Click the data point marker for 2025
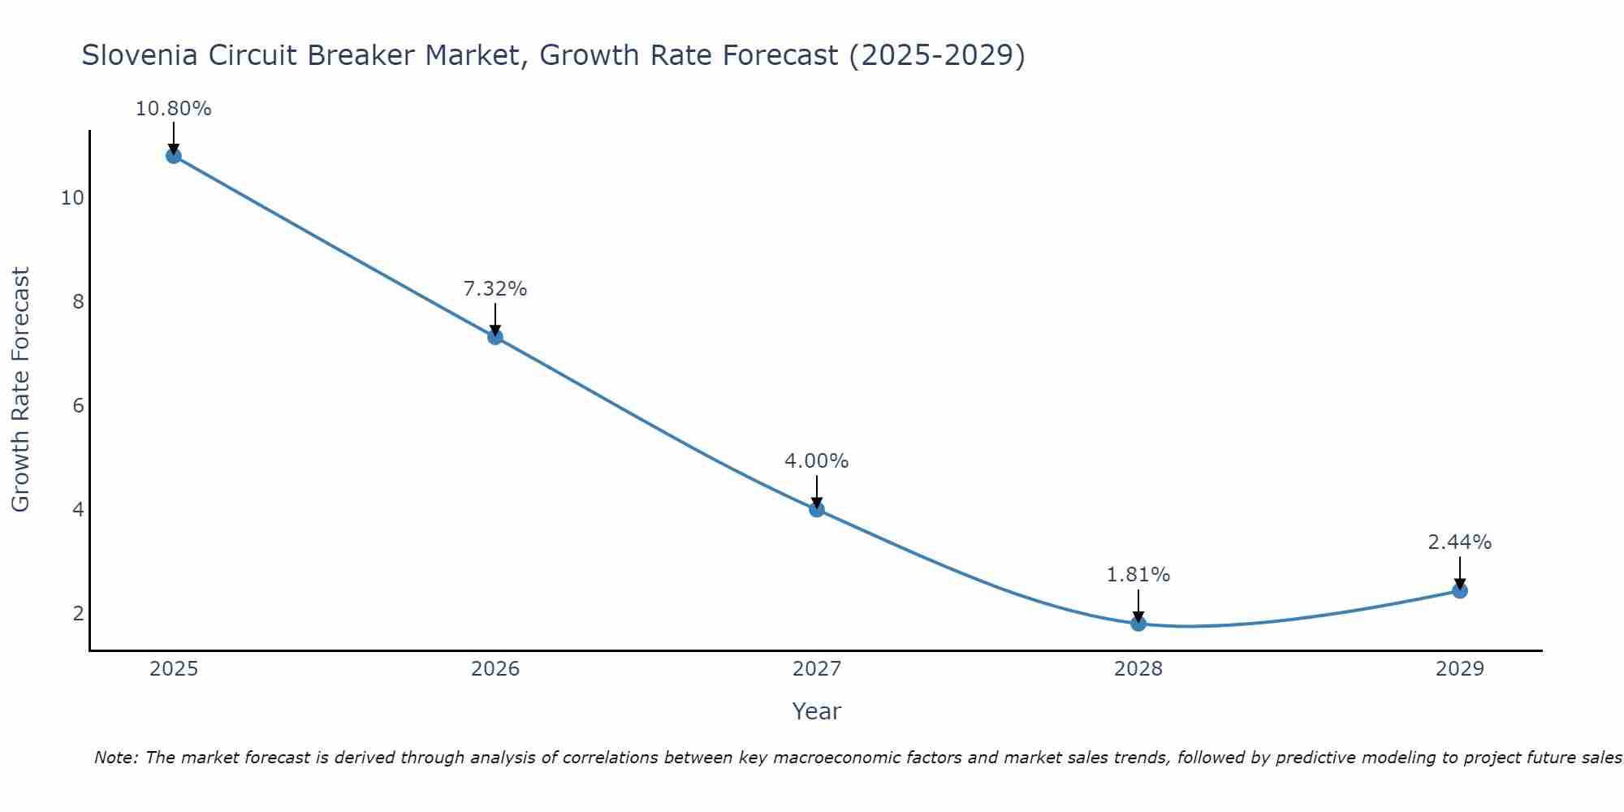click(173, 156)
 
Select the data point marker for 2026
click(495, 337)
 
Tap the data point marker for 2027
click(817, 509)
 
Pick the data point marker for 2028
click(1138, 623)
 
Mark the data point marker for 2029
click(1460, 590)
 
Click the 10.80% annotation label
click(173, 109)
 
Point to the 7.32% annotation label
click(495, 289)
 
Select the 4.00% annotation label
click(817, 461)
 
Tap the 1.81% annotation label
click(1138, 575)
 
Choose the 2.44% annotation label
click(1460, 542)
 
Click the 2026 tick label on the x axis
click(495, 669)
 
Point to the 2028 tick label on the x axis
click(1138, 669)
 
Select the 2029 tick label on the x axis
click(1460, 669)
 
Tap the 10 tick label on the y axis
click(72, 198)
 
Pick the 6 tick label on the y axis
click(78, 405)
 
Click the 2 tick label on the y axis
click(78, 613)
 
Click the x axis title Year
click(817, 711)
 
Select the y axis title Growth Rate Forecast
click(20, 390)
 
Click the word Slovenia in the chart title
click(139, 55)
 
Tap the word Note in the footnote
click(115, 758)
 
